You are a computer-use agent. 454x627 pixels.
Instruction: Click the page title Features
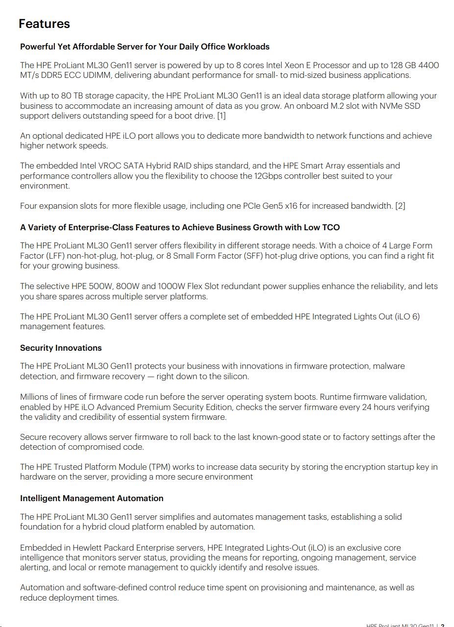click(x=44, y=24)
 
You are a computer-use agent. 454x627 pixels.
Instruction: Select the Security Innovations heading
click(x=61, y=348)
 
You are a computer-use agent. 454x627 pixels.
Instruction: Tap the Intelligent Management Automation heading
click(x=92, y=498)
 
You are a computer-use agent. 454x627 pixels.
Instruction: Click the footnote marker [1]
click(x=221, y=116)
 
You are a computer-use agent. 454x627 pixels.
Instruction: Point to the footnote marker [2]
click(x=400, y=206)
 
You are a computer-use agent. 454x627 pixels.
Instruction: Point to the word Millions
click(x=36, y=397)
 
